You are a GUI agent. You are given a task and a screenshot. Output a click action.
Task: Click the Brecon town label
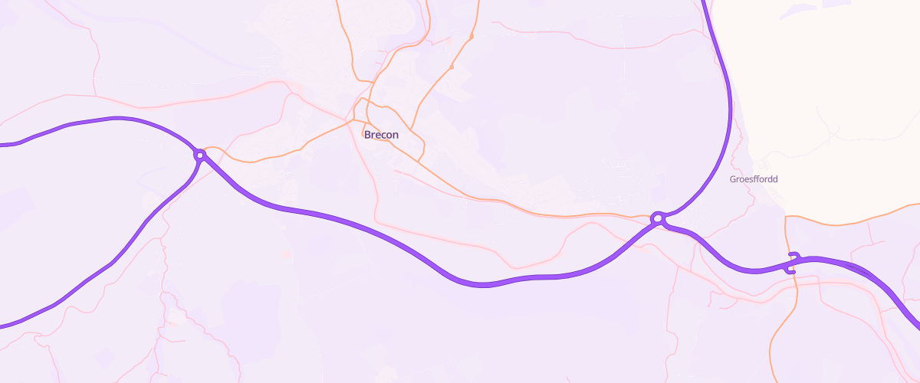click(x=381, y=135)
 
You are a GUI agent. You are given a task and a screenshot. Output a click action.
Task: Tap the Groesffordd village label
click(x=754, y=179)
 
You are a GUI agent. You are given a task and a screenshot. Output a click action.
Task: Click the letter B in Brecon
click(x=368, y=135)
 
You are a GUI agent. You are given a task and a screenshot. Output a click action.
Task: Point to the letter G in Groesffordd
click(x=733, y=179)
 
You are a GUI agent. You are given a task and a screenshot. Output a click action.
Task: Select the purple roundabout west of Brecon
click(x=200, y=155)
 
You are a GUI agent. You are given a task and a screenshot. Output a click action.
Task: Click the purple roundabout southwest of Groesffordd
click(x=657, y=219)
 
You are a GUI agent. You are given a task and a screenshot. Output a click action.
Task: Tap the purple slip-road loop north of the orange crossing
click(x=795, y=255)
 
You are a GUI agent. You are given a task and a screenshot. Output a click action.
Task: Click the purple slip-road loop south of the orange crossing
click(x=789, y=272)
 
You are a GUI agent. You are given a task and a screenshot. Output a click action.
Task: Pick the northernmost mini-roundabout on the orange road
click(x=472, y=37)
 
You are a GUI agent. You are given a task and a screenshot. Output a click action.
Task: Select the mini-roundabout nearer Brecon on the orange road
click(x=452, y=67)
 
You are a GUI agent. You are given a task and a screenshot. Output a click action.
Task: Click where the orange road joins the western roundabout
click(x=208, y=149)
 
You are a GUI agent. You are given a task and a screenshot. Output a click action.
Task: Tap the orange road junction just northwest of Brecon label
click(x=353, y=119)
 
